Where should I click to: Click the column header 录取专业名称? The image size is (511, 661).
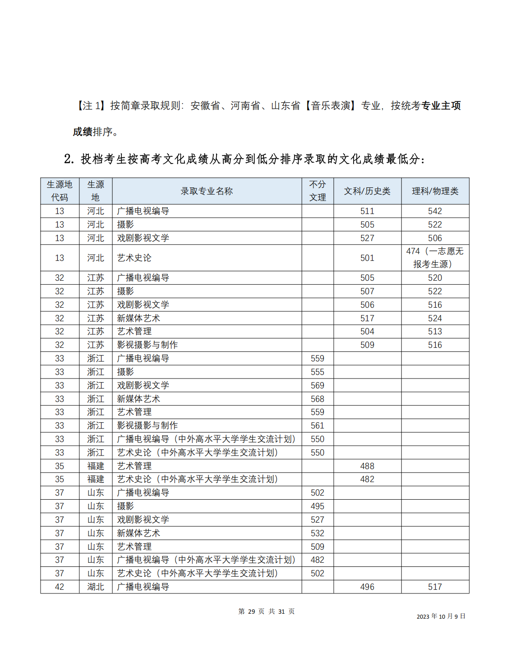207,191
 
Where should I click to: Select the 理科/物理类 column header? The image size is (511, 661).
435,191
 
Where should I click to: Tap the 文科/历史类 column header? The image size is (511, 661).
367,191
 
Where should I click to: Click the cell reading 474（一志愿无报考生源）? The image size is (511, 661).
435,258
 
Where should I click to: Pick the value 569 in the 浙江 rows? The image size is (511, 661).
318,385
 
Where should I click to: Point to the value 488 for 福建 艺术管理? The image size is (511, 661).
367,466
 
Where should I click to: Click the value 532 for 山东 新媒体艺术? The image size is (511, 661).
318,533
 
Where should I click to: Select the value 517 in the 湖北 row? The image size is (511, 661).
435,587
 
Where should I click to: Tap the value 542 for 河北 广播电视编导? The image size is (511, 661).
435,211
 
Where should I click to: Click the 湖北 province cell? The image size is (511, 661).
96,587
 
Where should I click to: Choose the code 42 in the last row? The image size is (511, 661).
60,587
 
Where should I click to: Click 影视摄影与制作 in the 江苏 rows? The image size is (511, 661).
147,345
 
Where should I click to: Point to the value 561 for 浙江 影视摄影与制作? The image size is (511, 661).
318,425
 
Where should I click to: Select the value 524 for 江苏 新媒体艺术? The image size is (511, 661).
435,318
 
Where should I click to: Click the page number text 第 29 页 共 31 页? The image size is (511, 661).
266,611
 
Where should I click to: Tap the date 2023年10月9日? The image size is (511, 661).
441,616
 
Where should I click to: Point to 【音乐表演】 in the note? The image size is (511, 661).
331,106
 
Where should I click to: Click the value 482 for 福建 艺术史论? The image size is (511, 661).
367,479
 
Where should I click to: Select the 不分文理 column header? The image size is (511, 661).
318,191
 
